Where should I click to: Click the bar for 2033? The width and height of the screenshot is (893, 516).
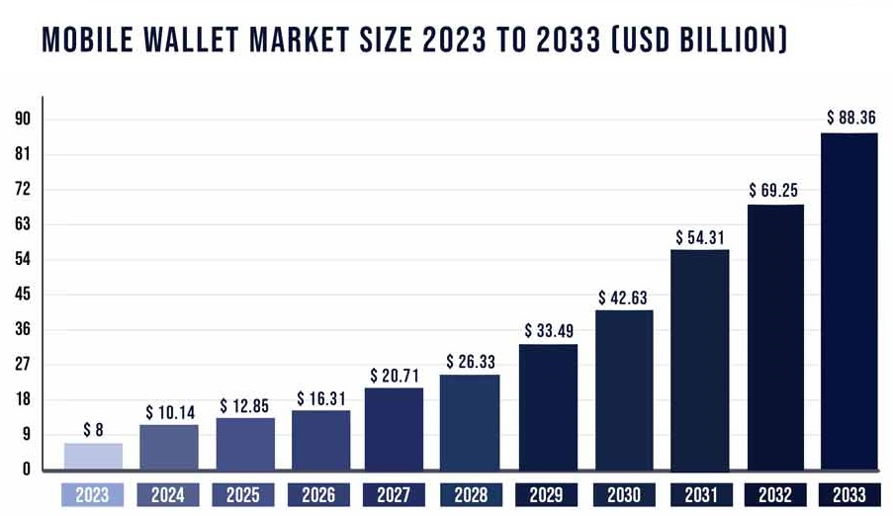849,301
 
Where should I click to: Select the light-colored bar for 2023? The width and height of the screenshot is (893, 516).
93,456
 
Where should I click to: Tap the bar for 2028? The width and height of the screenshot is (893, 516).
471,421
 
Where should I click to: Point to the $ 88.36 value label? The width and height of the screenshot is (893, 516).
850,118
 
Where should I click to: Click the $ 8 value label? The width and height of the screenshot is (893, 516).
93,429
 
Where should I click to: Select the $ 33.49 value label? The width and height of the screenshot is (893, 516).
548,330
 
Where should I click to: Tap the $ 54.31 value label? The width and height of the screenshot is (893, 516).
701,238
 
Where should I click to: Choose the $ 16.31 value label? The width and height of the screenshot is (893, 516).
321,398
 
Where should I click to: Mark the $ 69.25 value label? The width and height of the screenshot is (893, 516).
775,189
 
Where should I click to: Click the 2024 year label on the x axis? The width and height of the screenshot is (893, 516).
169,493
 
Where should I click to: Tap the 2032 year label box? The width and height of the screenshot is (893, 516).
774,493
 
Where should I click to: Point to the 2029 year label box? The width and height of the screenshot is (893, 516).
547,493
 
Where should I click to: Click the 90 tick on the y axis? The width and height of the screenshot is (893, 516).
22,120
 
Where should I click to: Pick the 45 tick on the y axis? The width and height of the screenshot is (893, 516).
22,295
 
